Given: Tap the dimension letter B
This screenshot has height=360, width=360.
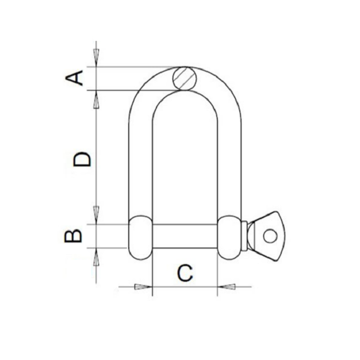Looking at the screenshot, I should coord(74,236).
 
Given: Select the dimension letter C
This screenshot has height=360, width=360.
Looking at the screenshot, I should coord(184,273).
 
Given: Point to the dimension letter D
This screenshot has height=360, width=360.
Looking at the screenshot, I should coord(82,159).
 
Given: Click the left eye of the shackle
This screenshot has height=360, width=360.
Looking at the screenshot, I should coord(140,238).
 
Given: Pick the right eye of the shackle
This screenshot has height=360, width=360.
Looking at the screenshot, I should coord(230,238).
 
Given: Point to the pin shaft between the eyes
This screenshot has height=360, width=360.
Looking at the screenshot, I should coord(185,236).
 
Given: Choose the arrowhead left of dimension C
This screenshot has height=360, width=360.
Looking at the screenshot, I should coord(143,286).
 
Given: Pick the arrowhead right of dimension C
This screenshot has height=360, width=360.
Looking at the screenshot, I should coord(227,286).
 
